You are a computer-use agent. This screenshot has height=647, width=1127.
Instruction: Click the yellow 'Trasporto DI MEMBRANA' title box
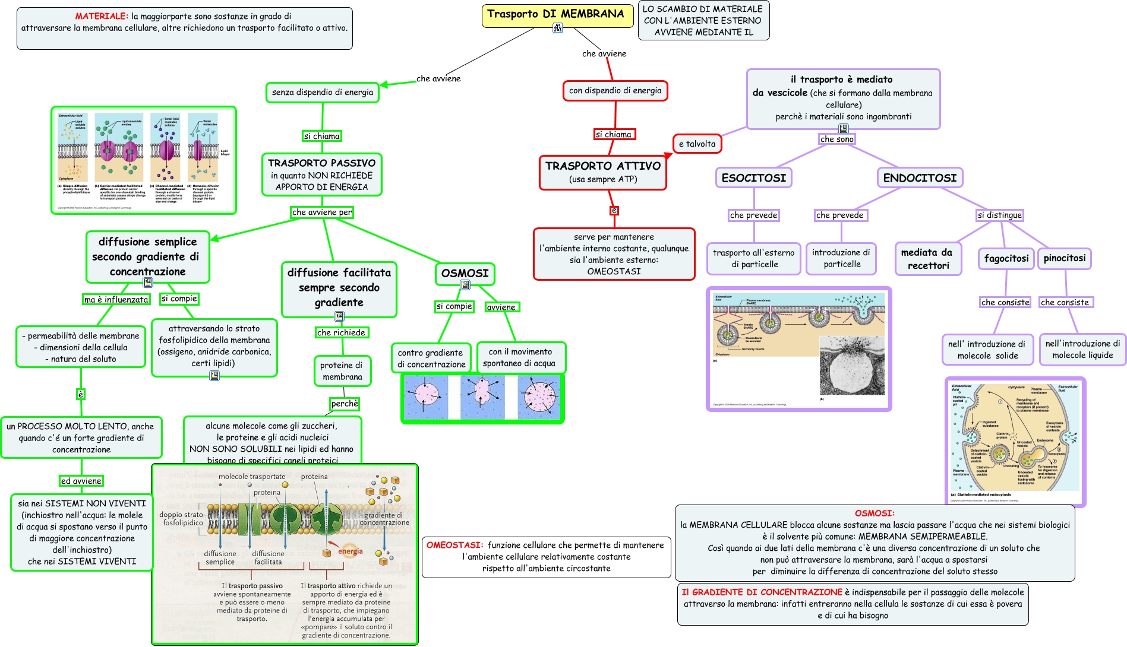tap(555, 14)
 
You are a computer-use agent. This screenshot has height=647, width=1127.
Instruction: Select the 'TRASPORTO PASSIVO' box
tap(321, 175)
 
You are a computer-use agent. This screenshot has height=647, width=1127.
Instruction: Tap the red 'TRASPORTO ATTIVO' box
tap(602, 172)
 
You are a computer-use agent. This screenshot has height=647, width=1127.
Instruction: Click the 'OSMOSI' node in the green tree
tap(465, 273)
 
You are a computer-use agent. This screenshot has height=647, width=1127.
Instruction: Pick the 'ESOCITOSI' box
tap(753, 177)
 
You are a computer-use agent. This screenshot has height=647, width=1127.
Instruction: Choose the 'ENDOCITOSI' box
tap(919, 177)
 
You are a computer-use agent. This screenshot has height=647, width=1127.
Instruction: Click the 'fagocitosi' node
tap(1006, 258)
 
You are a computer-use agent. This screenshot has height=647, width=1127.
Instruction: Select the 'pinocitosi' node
tap(1064, 258)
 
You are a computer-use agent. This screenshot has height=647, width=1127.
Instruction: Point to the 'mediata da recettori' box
tap(927, 259)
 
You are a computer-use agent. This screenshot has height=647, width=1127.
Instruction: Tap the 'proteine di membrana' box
tap(342, 371)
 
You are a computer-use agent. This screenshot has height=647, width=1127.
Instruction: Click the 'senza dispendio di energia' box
tap(322, 92)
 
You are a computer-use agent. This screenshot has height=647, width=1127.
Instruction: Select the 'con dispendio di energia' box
tap(615, 90)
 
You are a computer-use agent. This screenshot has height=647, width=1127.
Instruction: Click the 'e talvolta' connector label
tap(697, 144)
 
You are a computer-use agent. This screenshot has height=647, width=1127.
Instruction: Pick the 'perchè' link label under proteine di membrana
tap(345, 404)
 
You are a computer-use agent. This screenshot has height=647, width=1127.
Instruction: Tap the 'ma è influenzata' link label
tap(116, 299)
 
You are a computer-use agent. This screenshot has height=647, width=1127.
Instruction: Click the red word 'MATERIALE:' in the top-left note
tap(102, 16)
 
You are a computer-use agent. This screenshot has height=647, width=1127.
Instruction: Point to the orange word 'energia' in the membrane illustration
tap(350, 551)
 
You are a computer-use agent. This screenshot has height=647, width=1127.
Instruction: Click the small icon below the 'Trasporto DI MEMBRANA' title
tap(557, 28)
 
